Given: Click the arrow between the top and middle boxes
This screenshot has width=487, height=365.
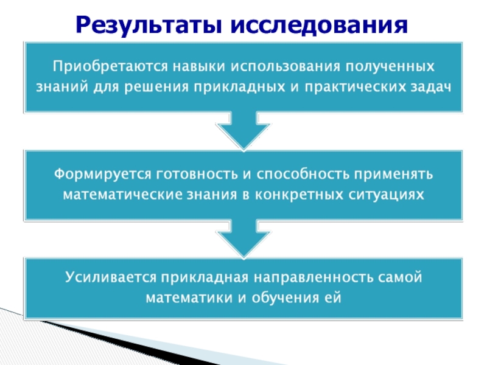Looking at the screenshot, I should click(243, 131).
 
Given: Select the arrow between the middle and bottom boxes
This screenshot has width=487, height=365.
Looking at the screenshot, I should click(243, 238).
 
